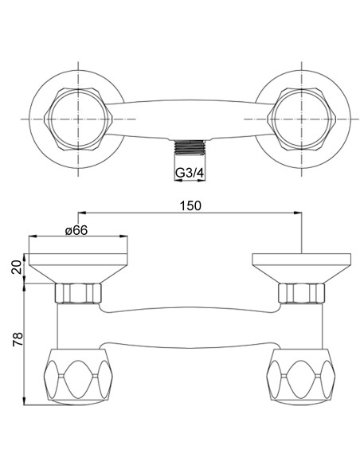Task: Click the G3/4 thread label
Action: pos(190,170)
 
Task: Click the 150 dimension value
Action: pos(190,205)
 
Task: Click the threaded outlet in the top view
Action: pos(190,148)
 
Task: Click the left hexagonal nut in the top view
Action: pos(78,117)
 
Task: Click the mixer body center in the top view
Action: pos(190,117)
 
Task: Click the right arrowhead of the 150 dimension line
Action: pos(299,213)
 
